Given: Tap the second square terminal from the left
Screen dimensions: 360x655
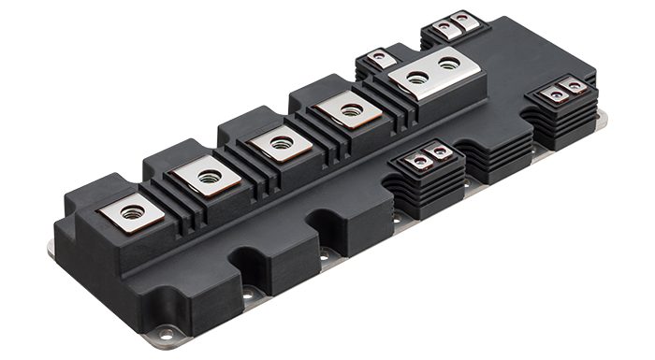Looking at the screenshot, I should click(x=208, y=176).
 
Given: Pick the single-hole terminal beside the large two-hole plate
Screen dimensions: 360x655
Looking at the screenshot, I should click(x=350, y=110).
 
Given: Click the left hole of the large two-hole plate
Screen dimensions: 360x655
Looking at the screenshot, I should click(x=417, y=78).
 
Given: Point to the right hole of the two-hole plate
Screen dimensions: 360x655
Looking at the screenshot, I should click(x=449, y=64).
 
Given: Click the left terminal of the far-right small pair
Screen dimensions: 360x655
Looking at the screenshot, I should click(x=557, y=94).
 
